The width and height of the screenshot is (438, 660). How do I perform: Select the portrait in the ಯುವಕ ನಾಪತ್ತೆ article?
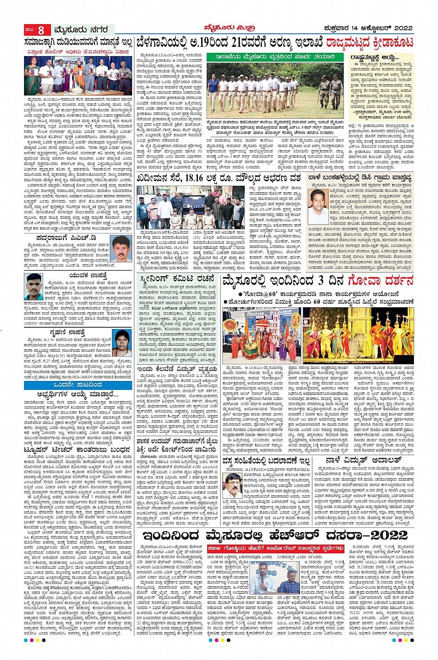pos(35,287)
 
